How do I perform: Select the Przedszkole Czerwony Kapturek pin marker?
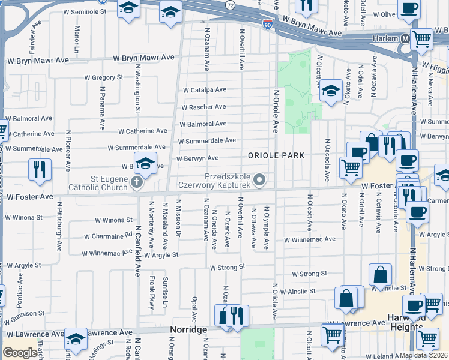(259, 179)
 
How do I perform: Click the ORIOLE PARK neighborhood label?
(276, 155)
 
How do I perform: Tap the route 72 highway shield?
(230, 4)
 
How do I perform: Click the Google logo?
(20, 352)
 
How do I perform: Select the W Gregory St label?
(103, 77)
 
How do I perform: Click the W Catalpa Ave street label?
(205, 90)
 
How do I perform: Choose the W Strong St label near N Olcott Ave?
(309, 274)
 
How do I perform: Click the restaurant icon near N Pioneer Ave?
(40, 169)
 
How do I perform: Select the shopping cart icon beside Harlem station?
(421, 40)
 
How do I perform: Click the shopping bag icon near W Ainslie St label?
(381, 275)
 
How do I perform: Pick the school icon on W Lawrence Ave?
(76, 340)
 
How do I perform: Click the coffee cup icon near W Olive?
(409, 8)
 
